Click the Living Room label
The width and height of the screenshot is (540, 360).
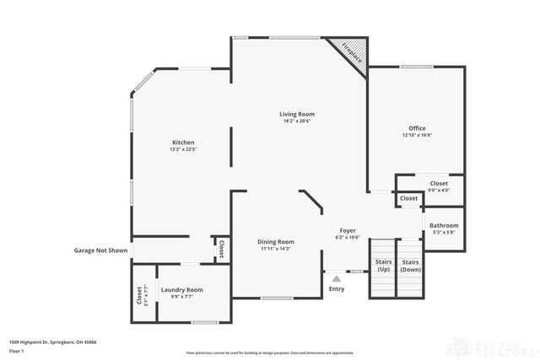pos(298,114)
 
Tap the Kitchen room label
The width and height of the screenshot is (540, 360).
pos(184,142)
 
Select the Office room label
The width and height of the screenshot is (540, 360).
pos(417,128)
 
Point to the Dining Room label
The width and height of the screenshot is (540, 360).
pos(276,242)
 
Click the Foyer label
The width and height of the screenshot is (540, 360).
pos(348,230)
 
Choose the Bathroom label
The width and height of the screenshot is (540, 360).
pos(444,225)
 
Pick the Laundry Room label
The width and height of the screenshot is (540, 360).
pos(181,290)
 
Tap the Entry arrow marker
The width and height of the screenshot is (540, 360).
pos(337,277)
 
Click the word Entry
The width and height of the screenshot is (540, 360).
pos(337,289)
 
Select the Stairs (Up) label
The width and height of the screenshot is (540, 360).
pos(383,266)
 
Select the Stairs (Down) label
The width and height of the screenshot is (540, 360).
pos(411,266)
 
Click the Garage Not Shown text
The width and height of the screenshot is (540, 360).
pos(100,250)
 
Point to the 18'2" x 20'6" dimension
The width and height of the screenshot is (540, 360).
pos(298,121)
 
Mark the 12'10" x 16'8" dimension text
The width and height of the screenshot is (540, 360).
pos(417,135)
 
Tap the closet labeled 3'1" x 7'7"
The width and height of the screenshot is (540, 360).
pos(139,297)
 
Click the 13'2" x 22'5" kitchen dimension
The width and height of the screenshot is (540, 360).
pos(184,149)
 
